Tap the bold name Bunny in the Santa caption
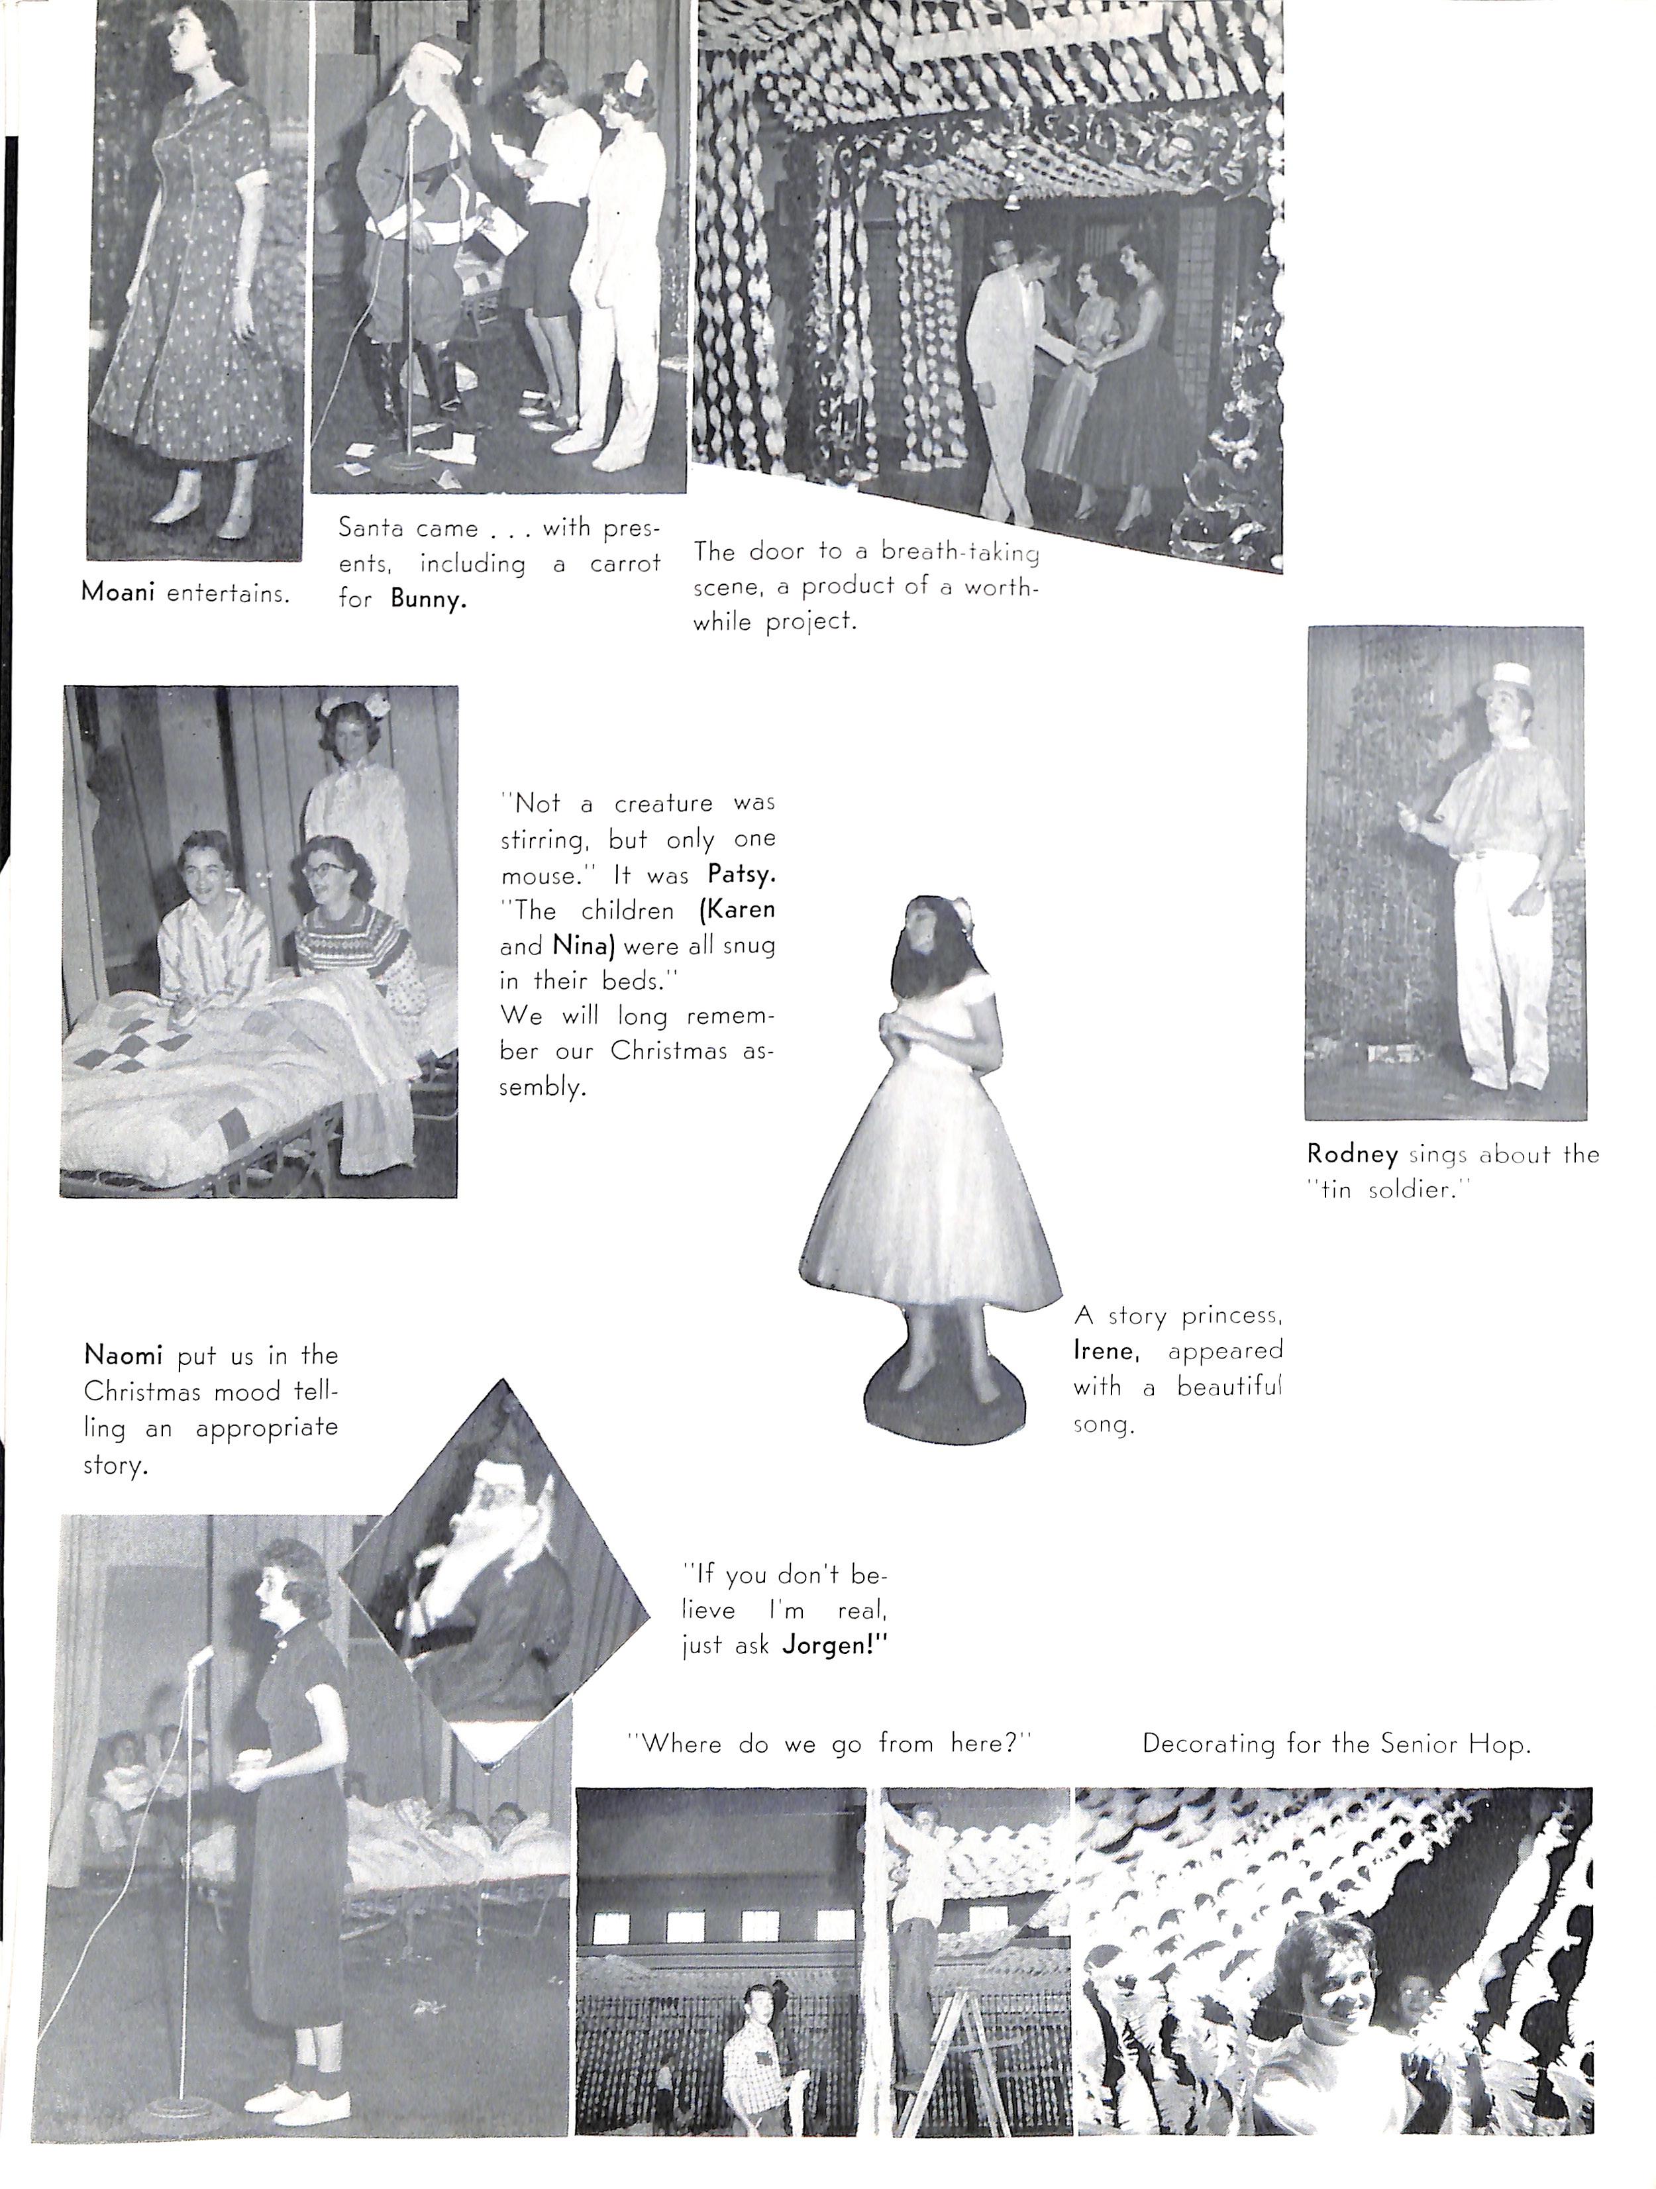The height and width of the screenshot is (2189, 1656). point(428,599)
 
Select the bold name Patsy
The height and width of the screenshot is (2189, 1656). point(741,875)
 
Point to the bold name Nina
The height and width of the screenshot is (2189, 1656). point(581,945)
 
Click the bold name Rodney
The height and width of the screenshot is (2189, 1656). point(1352,1154)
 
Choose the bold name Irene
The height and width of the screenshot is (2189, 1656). point(1106,1350)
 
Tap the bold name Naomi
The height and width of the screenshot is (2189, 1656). point(123,1354)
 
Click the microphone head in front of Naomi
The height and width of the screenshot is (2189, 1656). point(202,1656)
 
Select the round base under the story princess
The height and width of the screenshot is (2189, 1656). point(941,1400)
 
